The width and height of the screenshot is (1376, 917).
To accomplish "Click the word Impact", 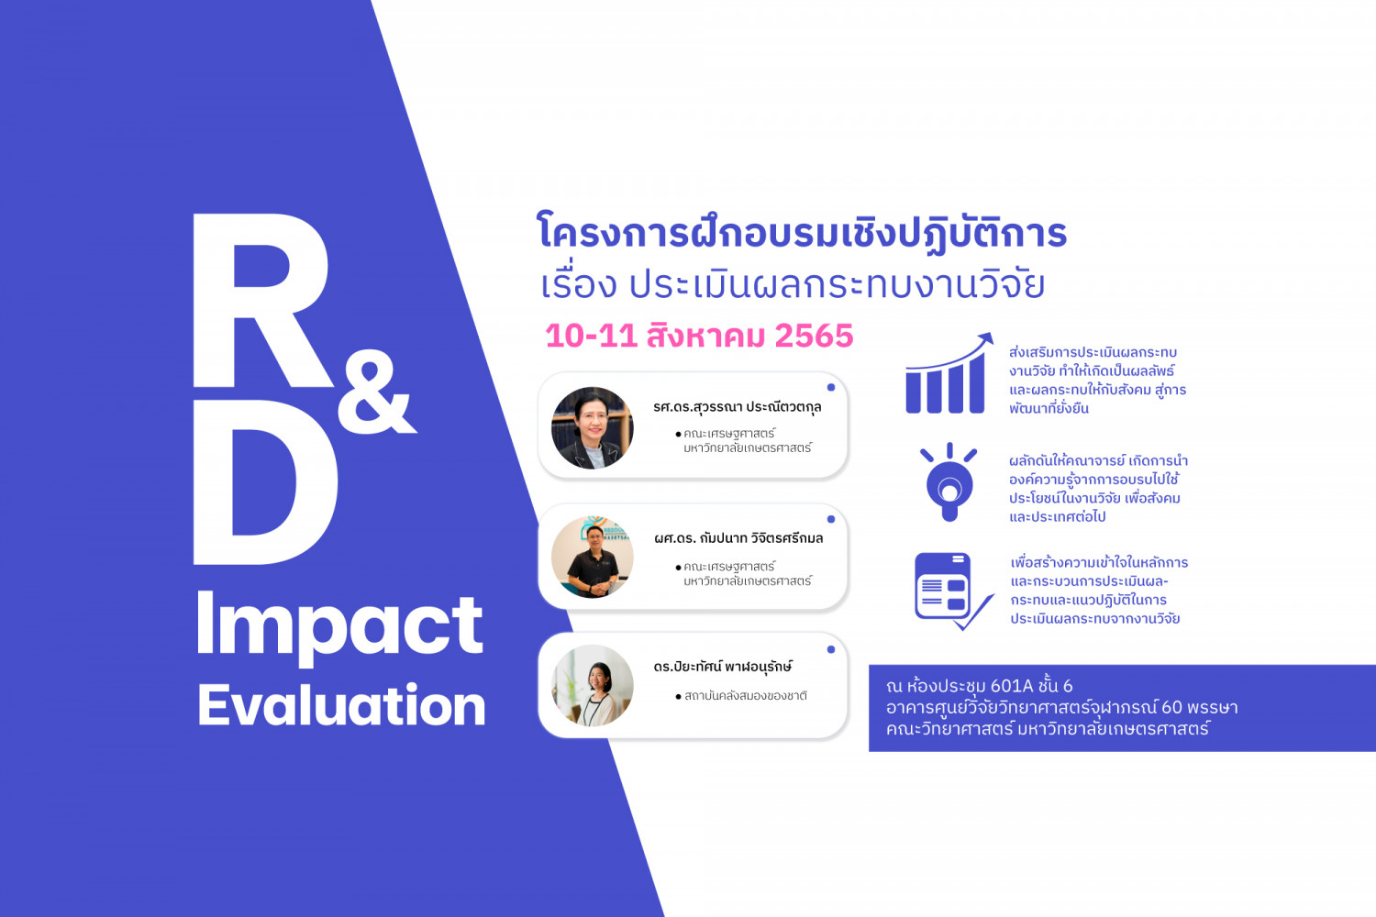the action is pyautogui.click(x=339, y=627).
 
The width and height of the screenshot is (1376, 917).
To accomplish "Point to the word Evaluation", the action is pyautogui.click(x=341, y=706).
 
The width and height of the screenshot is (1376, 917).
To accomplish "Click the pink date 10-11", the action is pyautogui.click(x=591, y=336).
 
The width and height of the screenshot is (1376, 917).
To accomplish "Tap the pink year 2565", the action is pyautogui.click(x=814, y=336).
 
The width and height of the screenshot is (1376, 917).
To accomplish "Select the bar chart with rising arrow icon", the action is pyautogui.click(x=948, y=373).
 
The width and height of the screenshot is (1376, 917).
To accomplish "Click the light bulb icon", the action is pyautogui.click(x=949, y=482).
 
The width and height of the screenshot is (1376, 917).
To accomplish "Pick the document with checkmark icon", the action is pyautogui.click(x=952, y=591).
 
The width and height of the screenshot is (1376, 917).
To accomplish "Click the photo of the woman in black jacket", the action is pyautogui.click(x=593, y=427).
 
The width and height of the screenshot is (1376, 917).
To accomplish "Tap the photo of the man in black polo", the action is pyautogui.click(x=593, y=558).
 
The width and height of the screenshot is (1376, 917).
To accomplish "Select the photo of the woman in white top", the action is pyautogui.click(x=593, y=685).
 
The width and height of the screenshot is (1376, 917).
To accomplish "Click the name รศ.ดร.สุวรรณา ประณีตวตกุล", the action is pyautogui.click(x=738, y=407).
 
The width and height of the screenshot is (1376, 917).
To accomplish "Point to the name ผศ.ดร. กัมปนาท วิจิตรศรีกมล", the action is pyautogui.click(x=738, y=538).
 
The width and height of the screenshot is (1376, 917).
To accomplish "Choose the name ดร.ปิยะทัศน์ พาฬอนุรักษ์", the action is pyautogui.click(x=723, y=667).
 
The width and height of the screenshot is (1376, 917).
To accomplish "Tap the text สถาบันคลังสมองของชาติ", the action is pyautogui.click(x=745, y=696).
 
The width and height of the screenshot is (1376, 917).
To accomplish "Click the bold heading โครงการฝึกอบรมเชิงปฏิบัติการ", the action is pyautogui.click(x=803, y=234).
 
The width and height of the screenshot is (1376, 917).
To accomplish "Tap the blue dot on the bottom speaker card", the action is pyautogui.click(x=830, y=649).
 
